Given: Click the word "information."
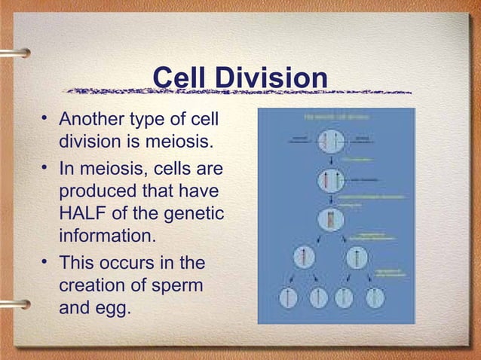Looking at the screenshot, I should pyautogui.click(x=108, y=236).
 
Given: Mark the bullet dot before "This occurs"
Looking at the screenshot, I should pyautogui.click(x=46, y=261).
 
